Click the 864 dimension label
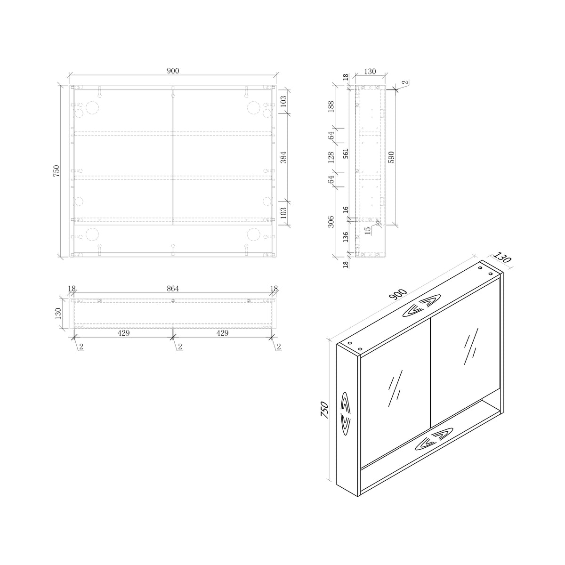(173, 289)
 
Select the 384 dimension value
(283, 157)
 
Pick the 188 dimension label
(331, 107)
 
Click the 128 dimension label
(331, 157)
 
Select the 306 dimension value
(331, 222)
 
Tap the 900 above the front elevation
(173, 71)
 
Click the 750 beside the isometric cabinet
(323, 409)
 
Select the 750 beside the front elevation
(56, 171)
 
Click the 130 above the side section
(370, 72)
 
